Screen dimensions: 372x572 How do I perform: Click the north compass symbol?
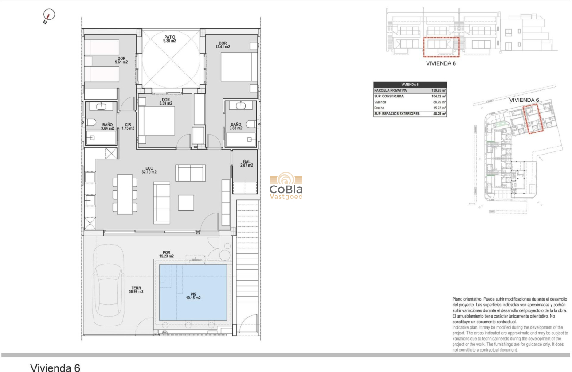49,16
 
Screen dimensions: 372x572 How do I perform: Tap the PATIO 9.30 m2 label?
169,39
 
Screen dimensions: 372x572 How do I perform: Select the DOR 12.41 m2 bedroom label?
223,44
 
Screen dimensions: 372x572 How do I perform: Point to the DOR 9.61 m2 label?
121,60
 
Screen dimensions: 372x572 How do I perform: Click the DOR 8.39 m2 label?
166,102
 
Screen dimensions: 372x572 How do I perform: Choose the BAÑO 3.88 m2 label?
236,127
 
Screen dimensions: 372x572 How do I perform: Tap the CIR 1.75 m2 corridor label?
128,127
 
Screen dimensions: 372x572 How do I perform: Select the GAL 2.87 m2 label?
247,163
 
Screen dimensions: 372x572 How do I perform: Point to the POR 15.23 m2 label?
168,254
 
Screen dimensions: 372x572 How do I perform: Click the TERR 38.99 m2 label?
136,289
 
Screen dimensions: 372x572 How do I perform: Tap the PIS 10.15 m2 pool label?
193,295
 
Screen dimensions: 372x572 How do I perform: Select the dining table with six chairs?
125,194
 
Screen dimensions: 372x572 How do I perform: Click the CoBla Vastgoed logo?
286,187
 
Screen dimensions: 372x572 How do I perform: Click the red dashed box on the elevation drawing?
440,47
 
